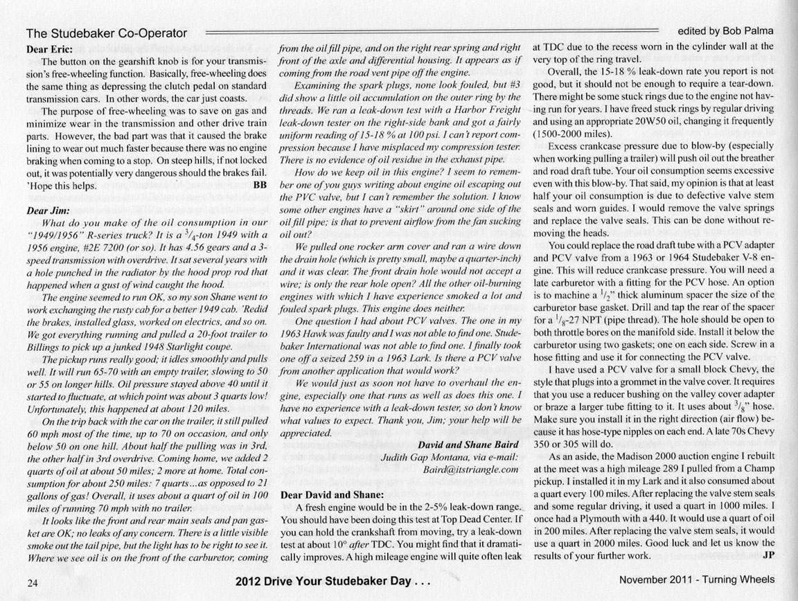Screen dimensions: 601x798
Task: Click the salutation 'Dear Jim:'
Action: tap(47, 213)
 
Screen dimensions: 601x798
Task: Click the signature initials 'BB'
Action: tap(260, 185)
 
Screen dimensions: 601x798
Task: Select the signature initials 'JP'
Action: tap(767, 555)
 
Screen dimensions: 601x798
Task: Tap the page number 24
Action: tap(33, 582)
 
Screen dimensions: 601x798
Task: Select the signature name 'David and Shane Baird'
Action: tap(468, 445)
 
